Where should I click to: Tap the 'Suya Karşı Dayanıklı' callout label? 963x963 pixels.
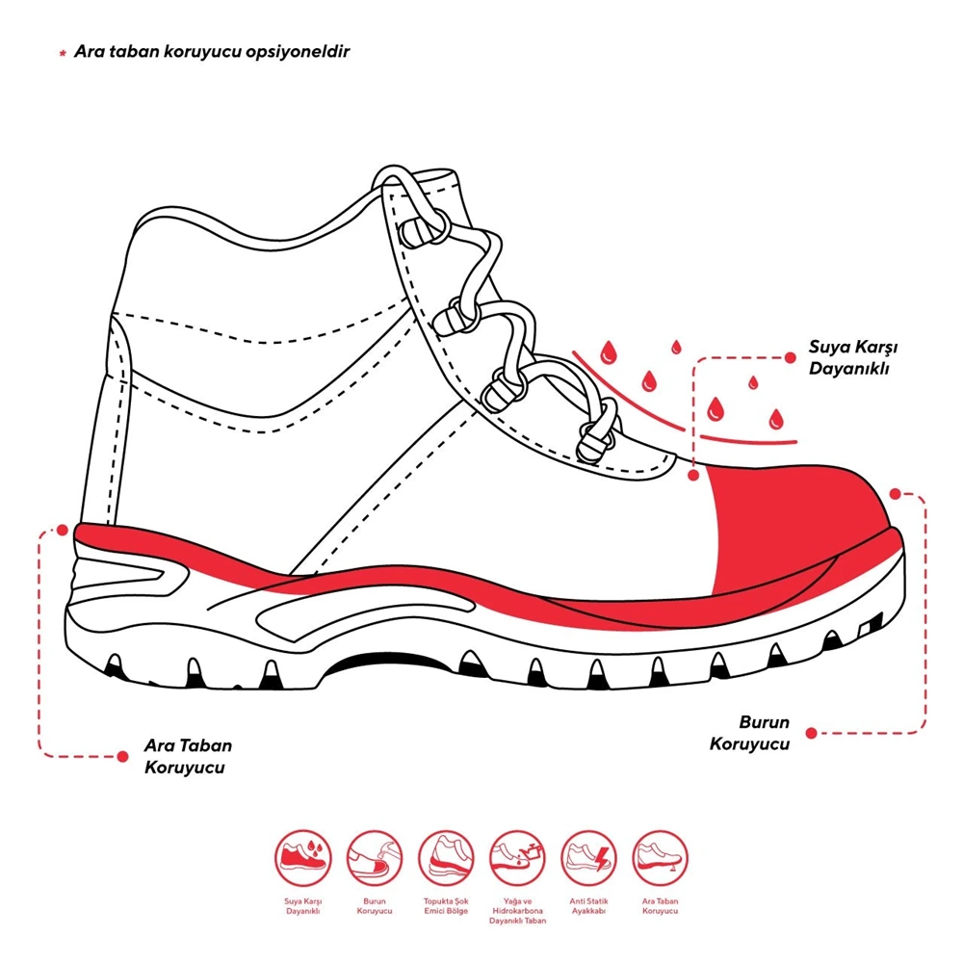pyautogui.click(x=852, y=357)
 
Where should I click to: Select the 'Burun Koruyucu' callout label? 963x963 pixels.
pyautogui.click(x=750, y=733)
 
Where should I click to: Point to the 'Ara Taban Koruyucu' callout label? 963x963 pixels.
pyautogui.click(x=188, y=756)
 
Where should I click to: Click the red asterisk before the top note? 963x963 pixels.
pyautogui.click(x=63, y=53)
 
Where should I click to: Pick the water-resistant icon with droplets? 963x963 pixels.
pyautogui.click(x=303, y=858)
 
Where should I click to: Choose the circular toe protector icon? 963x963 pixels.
pyautogui.click(x=375, y=858)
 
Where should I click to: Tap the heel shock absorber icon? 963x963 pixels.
pyautogui.click(x=446, y=858)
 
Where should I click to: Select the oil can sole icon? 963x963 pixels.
pyautogui.click(x=517, y=858)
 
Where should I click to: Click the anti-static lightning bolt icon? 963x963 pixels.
pyautogui.click(x=589, y=858)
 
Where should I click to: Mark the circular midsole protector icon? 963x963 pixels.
pyautogui.click(x=661, y=858)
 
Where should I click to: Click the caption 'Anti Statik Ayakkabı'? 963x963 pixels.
pyautogui.click(x=589, y=906)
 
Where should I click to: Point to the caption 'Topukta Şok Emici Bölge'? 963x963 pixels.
pyautogui.click(x=446, y=906)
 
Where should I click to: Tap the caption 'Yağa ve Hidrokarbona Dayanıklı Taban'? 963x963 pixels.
pyautogui.click(x=518, y=911)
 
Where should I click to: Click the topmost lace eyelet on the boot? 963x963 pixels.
pyautogui.click(x=424, y=228)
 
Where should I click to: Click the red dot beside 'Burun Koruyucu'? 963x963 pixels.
pyautogui.click(x=811, y=733)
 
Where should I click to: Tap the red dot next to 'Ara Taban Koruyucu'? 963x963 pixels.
pyautogui.click(x=123, y=756)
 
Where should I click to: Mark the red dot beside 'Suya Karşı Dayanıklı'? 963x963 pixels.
pyautogui.click(x=791, y=357)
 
